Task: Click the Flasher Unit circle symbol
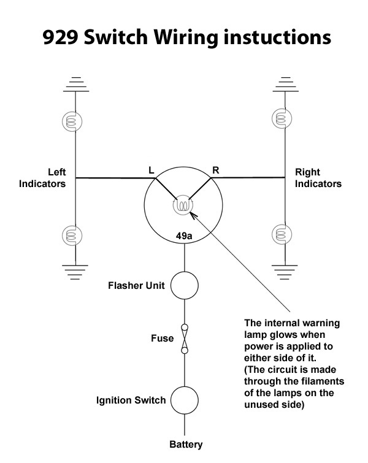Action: coord(184,285)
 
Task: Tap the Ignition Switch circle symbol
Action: coord(184,400)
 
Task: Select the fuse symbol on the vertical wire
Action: coord(184,339)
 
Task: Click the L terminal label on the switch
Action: coord(151,168)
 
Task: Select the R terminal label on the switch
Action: coord(215,168)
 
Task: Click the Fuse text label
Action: coord(162,338)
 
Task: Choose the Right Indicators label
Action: coord(318,177)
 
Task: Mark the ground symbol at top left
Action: coord(75,85)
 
